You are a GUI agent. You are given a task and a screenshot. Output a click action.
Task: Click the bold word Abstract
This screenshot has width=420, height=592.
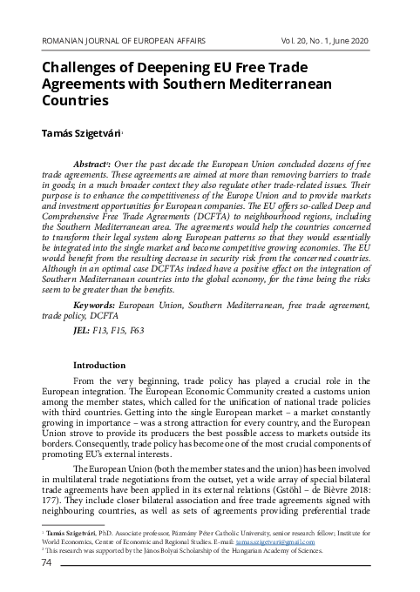point(91,163)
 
